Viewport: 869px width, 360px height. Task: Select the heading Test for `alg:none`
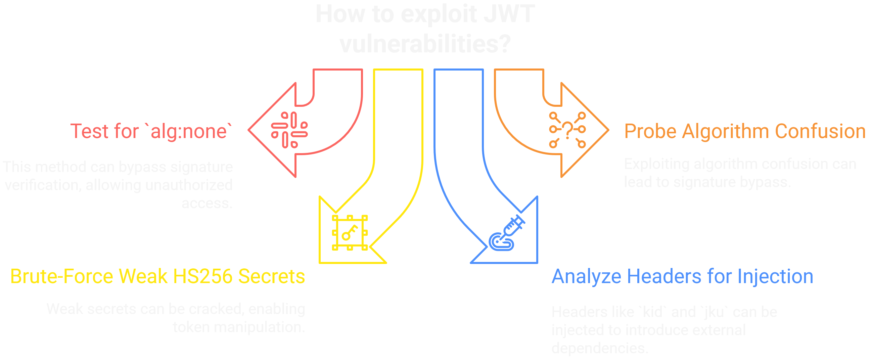click(x=151, y=131)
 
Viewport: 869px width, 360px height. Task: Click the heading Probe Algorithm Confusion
click(x=744, y=131)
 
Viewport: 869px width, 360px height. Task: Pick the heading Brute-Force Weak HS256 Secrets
click(x=157, y=276)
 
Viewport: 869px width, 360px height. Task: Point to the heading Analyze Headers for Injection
click(x=682, y=276)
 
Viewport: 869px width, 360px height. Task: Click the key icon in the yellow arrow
click(x=350, y=232)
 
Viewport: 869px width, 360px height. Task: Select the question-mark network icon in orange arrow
click(x=567, y=130)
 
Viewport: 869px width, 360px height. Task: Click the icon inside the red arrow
click(x=289, y=130)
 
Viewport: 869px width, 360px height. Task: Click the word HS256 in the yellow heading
click(x=203, y=276)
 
